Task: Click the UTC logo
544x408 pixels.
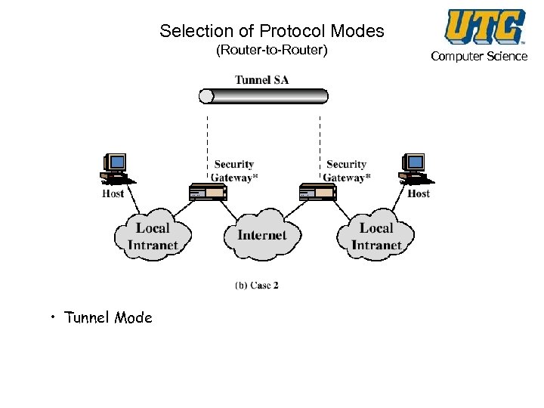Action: click(x=485, y=26)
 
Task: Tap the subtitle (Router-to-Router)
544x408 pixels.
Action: click(x=272, y=50)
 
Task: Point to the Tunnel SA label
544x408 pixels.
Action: click(x=262, y=80)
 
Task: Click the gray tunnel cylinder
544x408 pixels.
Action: click(x=264, y=96)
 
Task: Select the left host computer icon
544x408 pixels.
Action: click(x=117, y=168)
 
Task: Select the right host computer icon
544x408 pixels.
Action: click(x=416, y=168)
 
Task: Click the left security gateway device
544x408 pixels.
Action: click(x=208, y=192)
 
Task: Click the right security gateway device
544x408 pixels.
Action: click(x=318, y=192)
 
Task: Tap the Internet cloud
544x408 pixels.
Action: click(x=263, y=235)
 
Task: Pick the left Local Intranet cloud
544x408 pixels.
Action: click(x=153, y=235)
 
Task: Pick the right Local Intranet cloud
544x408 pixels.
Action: click(x=376, y=235)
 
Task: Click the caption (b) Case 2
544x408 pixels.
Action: click(x=257, y=285)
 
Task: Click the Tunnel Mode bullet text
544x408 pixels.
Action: click(x=108, y=317)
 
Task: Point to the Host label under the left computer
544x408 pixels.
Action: click(x=113, y=193)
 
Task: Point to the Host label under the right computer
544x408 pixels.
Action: click(x=419, y=193)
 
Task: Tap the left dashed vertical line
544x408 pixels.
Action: click(x=208, y=147)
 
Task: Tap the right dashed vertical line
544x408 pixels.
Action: click(x=320, y=147)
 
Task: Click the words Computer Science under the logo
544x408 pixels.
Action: click(x=479, y=56)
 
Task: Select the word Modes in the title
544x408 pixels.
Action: click(x=357, y=31)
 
